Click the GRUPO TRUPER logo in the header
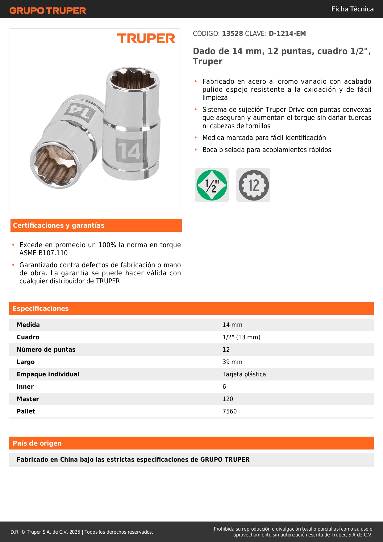pos(48,11)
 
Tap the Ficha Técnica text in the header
pos(352,9)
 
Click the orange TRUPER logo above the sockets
pos(146,38)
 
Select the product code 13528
pos(232,34)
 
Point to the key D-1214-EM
pos(287,34)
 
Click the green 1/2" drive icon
pos(212,185)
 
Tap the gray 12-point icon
pos(253,185)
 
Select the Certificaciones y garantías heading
pos(59,226)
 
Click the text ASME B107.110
pos(44,253)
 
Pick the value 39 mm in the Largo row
pos(232,362)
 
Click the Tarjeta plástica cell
pos(244,374)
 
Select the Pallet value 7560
pos(230,411)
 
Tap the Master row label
pos(28,399)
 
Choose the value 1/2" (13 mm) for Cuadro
pos(241,337)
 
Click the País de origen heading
pos(37,443)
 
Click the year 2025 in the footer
pos(75,532)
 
